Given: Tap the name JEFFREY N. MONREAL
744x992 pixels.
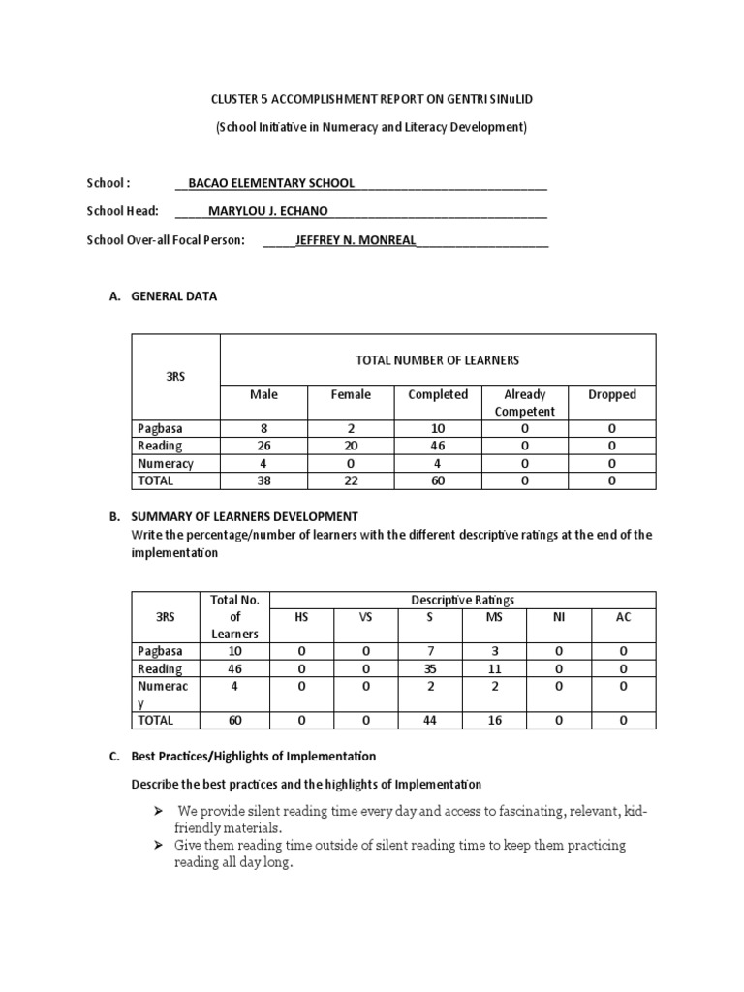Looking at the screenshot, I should point(356,240).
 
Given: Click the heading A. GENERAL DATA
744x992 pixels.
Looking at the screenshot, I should point(164,296).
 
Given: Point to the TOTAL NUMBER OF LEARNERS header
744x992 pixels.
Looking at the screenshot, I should point(437,360).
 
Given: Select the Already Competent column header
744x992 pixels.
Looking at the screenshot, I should point(525,403).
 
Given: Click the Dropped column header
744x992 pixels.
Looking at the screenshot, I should point(612,394).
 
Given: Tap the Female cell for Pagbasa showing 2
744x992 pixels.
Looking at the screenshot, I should point(351,428).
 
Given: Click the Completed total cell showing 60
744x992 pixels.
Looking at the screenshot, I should point(437,480).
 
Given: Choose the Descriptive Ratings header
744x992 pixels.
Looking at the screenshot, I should point(463,600).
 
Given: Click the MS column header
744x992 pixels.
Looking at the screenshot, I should point(495,616).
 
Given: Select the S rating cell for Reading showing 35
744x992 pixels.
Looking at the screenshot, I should point(430,668).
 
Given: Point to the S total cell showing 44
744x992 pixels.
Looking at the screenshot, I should point(430,720).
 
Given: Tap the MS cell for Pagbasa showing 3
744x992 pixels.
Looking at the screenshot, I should point(495,651).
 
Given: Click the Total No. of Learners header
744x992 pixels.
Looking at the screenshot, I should point(234,616).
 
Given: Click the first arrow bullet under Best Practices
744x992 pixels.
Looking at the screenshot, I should point(158,809).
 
